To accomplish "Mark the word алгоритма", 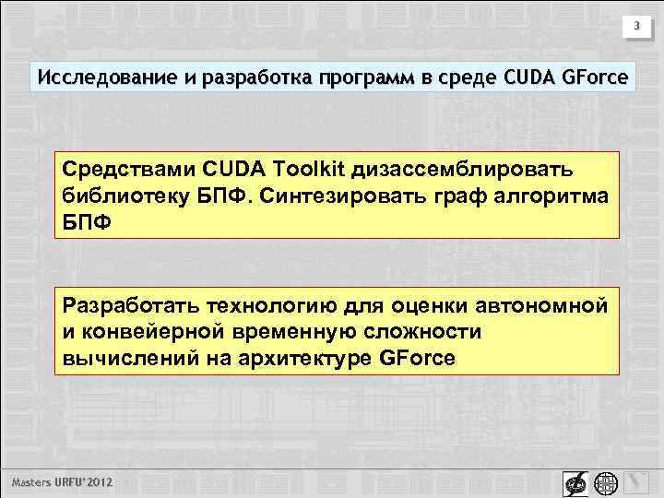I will (558, 196).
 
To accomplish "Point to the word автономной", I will (539, 304).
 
